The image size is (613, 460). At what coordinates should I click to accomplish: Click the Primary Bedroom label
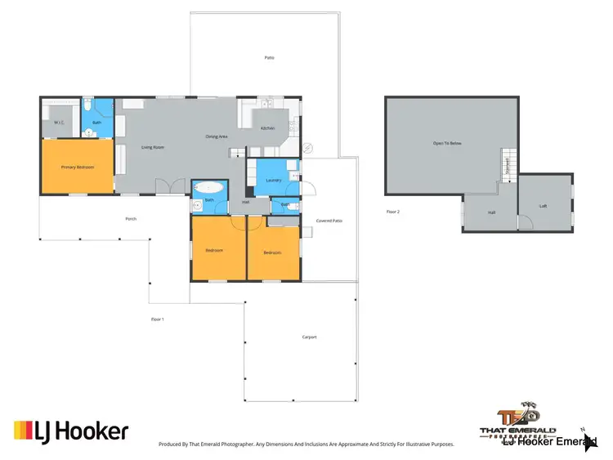[x=78, y=167]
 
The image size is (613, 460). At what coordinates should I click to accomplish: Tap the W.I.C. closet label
[x=59, y=123]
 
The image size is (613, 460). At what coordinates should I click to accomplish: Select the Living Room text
[x=153, y=147]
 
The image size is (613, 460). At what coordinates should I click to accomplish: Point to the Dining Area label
[x=216, y=136]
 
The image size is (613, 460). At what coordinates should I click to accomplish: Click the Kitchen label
[x=268, y=128]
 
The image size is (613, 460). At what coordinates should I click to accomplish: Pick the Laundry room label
[x=274, y=180]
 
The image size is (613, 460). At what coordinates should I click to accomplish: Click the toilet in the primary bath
[x=87, y=106]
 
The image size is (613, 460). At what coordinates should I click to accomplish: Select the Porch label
[x=131, y=219]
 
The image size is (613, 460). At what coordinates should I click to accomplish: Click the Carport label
[x=309, y=337]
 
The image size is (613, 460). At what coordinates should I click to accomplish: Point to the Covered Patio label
[x=329, y=221]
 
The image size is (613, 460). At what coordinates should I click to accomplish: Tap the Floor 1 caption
[x=158, y=319]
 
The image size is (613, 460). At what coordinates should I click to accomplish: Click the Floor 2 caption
[x=393, y=212]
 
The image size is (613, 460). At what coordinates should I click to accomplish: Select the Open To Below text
[x=447, y=143]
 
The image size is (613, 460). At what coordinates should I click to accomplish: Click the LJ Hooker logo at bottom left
[x=71, y=431]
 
